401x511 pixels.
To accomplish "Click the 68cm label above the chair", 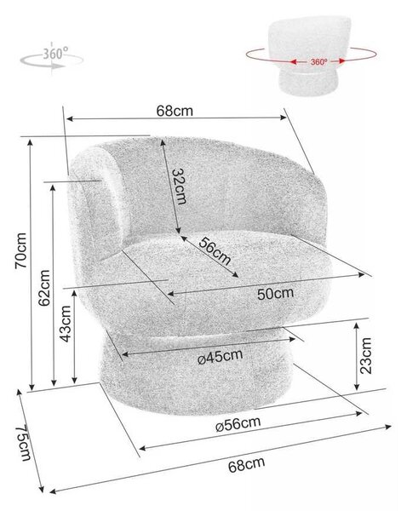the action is click(x=175, y=111).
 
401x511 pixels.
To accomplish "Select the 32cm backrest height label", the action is click(x=180, y=186).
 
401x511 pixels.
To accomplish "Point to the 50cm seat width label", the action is click(x=275, y=293).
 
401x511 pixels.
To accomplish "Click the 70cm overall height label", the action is click(x=20, y=250).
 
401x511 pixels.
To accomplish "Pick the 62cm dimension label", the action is click(x=44, y=288).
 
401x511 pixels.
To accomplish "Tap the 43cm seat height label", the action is click(x=66, y=324).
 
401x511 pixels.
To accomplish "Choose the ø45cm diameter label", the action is click(x=221, y=357).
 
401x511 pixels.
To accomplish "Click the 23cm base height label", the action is click(x=365, y=355).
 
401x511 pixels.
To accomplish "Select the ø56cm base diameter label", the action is click(x=238, y=424).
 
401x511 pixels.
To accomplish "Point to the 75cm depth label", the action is click(x=25, y=442).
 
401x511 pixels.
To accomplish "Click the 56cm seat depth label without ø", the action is click(x=215, y=251).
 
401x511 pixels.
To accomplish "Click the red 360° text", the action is click(x=318, y=61).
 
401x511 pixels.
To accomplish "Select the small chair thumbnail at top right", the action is click(x=311, y=55).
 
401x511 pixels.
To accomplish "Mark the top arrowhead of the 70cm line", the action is click(x=31, y=141).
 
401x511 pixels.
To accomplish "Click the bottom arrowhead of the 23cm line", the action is click(x=357, y=388).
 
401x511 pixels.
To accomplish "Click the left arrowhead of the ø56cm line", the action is click(x=141, y=448).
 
